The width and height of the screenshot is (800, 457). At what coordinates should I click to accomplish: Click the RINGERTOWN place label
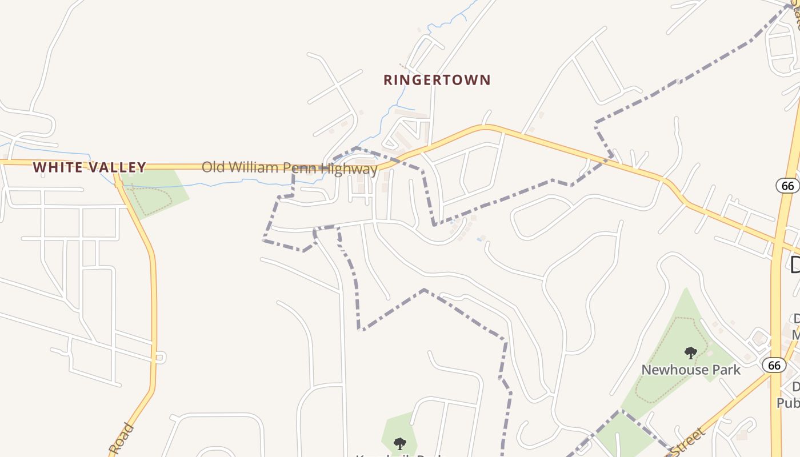437,80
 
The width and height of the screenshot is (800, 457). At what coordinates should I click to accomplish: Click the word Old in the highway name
213,167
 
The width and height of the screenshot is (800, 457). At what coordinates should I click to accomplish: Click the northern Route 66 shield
787,186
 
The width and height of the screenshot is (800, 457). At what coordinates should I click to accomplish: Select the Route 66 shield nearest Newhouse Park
774,365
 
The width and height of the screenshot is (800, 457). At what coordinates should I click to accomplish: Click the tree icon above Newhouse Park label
690,352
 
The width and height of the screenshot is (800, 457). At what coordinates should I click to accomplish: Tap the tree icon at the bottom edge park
399,443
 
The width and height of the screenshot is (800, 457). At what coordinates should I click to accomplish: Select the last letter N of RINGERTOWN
486,80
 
